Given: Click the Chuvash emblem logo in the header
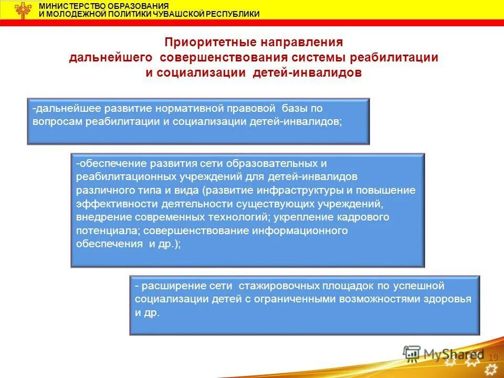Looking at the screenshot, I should (x=22, y=10).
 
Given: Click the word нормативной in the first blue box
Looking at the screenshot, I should (x=191, y=109).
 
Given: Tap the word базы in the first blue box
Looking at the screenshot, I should (x=296, y=109).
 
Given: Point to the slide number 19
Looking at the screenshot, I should (x=492, y=358).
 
